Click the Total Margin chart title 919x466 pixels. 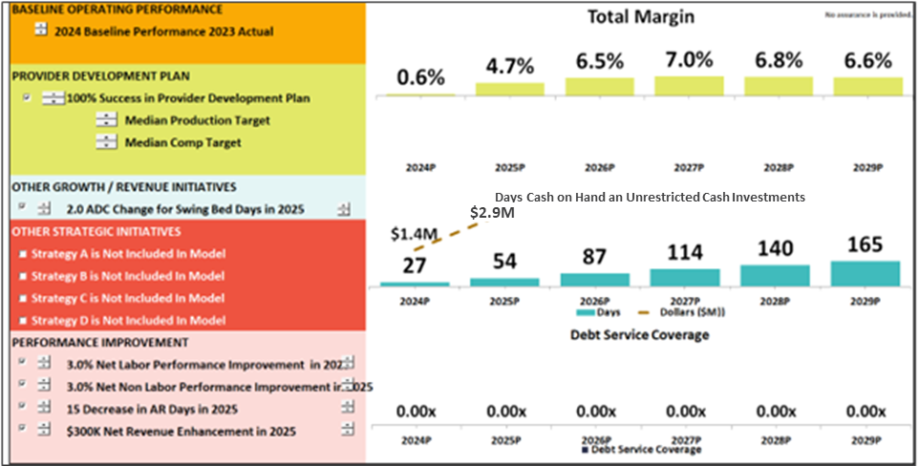pos(640,17)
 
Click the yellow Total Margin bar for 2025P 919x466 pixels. pos(510,89)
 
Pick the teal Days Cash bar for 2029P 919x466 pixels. pos(866,273)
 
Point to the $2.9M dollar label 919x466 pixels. pos(492,213)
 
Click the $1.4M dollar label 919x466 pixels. pos(414,234)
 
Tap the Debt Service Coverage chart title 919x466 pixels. pos(640,335)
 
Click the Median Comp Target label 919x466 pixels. pos(182,142)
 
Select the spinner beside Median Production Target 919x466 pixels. pos(107,120)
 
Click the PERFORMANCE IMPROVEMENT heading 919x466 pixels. pos(99,342)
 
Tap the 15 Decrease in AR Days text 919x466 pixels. pos(152,409)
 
